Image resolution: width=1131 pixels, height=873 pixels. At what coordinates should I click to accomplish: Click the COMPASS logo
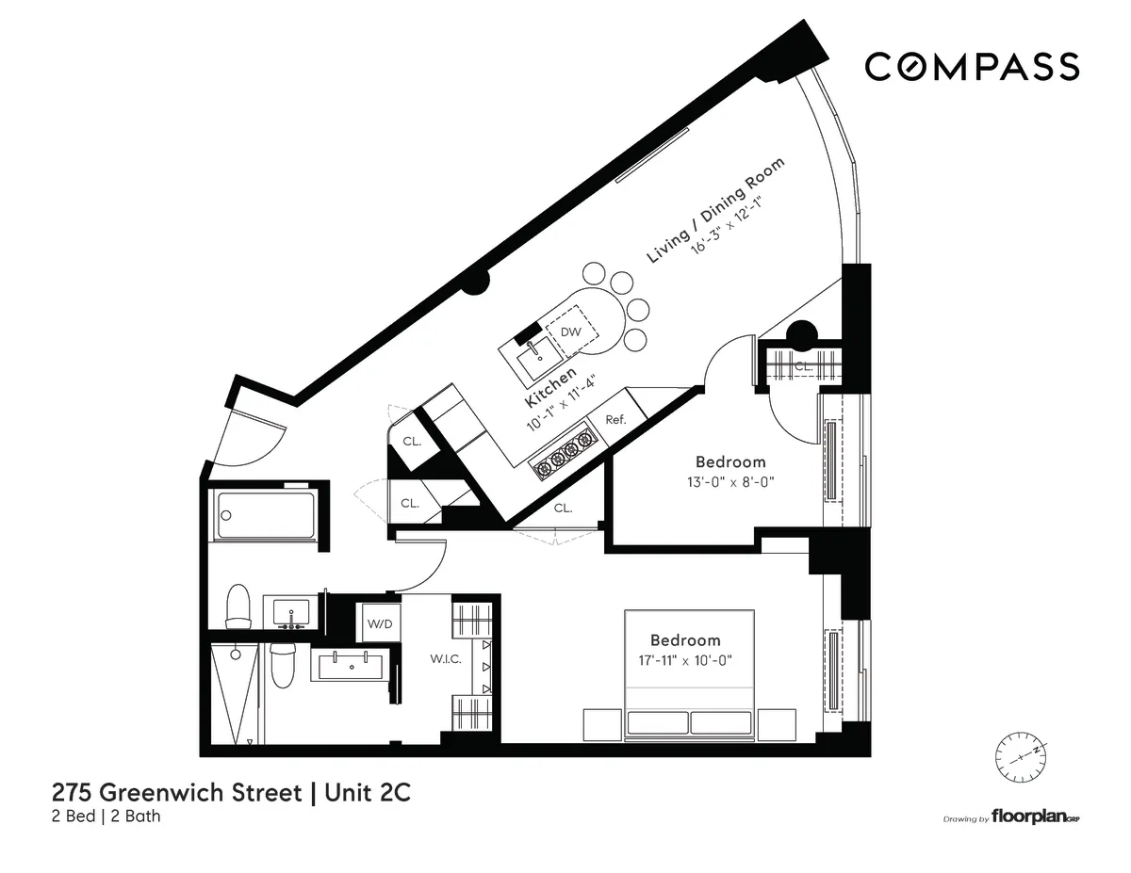972,67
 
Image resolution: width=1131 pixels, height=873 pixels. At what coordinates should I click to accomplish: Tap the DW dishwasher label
571,332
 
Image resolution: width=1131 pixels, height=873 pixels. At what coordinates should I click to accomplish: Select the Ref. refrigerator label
615,420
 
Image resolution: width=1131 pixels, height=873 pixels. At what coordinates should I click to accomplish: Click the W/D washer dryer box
379,622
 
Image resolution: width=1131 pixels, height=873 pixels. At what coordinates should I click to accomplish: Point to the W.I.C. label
447,659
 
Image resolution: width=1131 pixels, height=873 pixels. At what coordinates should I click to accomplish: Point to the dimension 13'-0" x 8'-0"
730,480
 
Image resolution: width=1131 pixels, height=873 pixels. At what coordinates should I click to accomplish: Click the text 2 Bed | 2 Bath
106,816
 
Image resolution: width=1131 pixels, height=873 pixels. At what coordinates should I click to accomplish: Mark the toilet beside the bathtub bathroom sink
238,606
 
